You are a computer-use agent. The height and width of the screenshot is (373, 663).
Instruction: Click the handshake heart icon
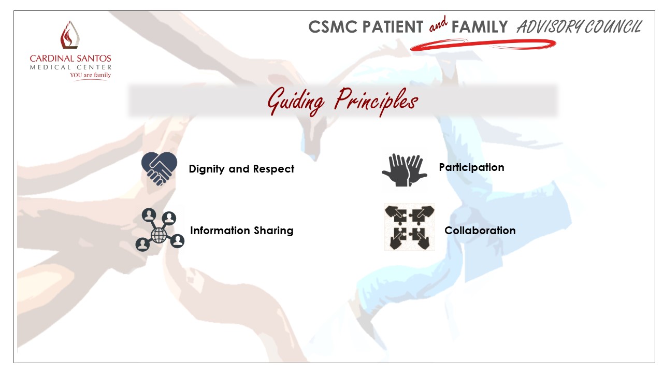tap(159, 168)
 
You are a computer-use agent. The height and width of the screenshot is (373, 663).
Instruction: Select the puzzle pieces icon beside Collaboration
tap(410, 227)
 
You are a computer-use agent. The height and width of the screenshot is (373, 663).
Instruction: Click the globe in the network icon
tap(159, 235)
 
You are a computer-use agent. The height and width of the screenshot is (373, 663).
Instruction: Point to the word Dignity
tap(207, 169)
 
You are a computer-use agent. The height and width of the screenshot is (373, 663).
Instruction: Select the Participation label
tap(471, 167)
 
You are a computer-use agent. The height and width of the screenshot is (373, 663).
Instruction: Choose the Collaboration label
tap(480, 231)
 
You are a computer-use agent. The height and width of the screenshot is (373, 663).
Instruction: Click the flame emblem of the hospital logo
tap(70, 35)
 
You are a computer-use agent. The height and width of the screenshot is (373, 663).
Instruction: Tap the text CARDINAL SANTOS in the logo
tap(70, 59)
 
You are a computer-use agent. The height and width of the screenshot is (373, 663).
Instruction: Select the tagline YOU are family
tap(90, 75)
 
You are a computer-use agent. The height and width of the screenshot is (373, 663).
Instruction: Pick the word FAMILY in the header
tap(480, 27)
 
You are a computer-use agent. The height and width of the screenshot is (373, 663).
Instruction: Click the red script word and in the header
tap(438, 24)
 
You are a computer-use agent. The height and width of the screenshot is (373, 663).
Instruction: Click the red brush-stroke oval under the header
tap(483, 45)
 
